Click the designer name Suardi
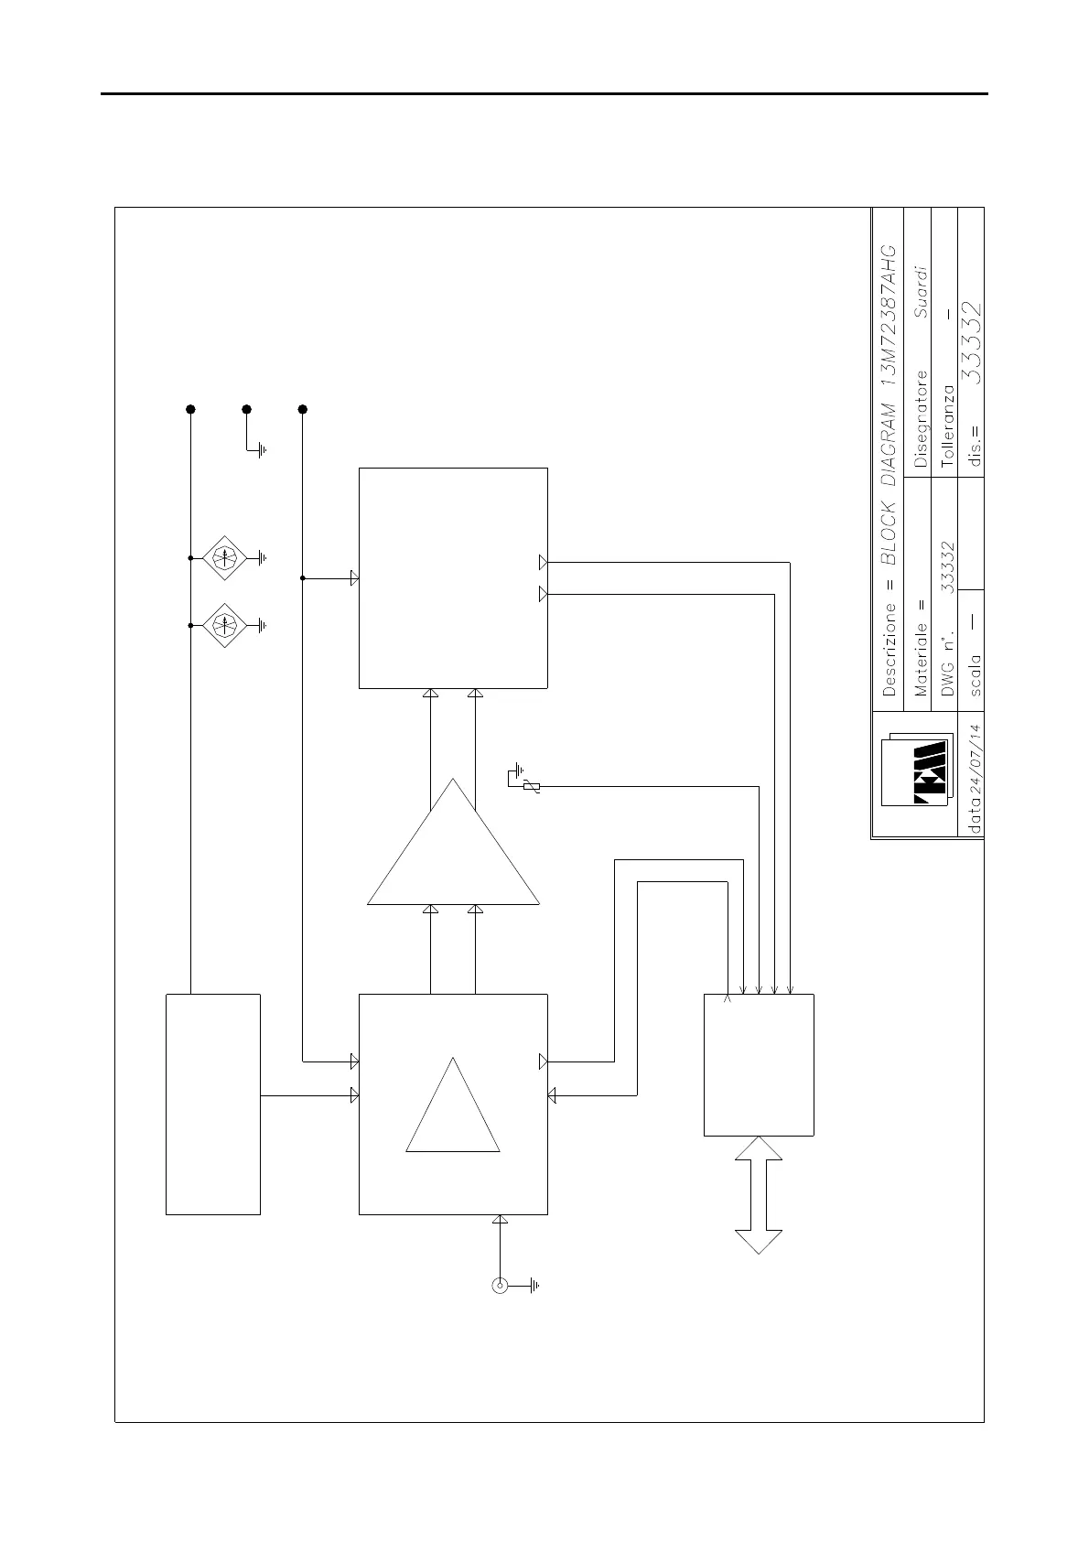pos(921,292)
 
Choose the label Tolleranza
pos(947,425)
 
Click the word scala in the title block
pos(976,674)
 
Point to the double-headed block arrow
pos(759,1194)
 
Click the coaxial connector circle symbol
pos(500,1286)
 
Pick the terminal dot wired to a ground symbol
pos(246,409)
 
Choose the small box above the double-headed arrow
pos(759,1064)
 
